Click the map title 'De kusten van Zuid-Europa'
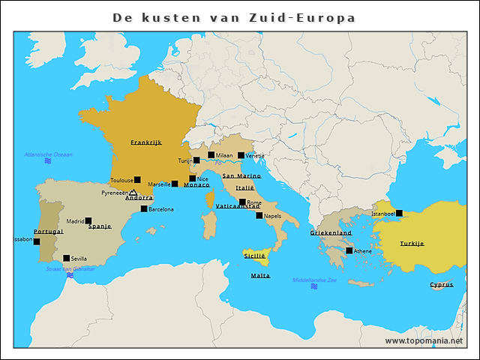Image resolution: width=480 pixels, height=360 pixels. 234,17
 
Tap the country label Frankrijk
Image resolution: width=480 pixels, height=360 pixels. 146,142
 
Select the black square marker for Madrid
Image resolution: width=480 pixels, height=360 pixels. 88,221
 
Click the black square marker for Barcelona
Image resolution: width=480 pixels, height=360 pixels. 144,209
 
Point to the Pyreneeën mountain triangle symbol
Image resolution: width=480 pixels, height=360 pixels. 133,193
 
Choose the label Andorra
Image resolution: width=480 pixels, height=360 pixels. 139,198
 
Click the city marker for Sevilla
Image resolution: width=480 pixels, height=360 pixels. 66,258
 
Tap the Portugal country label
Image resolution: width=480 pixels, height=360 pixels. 49,232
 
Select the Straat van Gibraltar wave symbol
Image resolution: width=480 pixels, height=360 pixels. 70,275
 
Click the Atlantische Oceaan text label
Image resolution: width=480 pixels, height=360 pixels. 48,154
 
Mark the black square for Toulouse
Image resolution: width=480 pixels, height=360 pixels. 137,180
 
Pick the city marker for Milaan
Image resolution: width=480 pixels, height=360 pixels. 211,155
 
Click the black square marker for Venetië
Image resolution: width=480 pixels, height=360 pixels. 241,156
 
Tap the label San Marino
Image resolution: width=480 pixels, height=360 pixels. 241,175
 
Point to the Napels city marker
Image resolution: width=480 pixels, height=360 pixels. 259,215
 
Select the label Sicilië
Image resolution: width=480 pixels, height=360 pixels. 255,256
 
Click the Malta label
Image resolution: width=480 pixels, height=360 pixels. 260,276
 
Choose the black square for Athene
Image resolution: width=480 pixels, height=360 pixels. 349,250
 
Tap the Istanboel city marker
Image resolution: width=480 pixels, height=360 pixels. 399,213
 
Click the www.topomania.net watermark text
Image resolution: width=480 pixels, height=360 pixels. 424,340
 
